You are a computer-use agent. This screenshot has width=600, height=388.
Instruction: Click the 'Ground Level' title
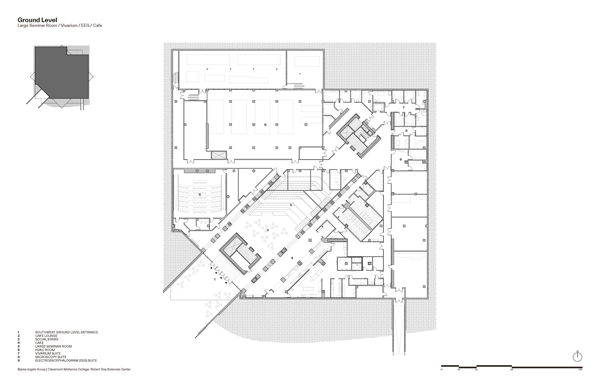pyautogui.click(x=37, y=20)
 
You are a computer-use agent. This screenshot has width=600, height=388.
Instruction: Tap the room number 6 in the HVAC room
pyautogui.click(x=265, y=125)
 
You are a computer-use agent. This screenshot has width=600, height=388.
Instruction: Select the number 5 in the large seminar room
pyautogui.click(x=200, y=195)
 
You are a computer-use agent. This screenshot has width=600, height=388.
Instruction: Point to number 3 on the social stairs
pyautogui.click(x=291, y=205)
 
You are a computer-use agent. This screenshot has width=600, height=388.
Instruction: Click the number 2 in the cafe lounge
pyautogui.click(x=268, y=230)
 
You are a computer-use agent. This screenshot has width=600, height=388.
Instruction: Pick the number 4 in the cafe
pyautogui.click(x=292, y=258)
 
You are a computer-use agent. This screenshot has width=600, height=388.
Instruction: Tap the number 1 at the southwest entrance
pyautogui.click(x=215, y=279)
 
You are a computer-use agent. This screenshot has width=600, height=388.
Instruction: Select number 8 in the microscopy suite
pyautogui.click(x=406, y=131)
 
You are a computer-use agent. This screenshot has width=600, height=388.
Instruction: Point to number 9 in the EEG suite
pyautogui.click(x=400, y=159)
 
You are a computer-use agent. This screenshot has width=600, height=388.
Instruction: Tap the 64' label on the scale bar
pyautogui.click(x=512, y=370)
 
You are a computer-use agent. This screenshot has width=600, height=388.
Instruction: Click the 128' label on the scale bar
pyautogui.click(x=580, y=370)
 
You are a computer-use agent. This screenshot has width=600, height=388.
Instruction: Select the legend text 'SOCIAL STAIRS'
pyautogui.click(x=47, y=339)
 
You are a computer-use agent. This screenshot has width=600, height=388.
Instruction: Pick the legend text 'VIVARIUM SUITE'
pyautogui.click(x=48, y=353)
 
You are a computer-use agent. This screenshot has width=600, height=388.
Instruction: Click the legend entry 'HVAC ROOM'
pyautogui.click(x=45, y=350)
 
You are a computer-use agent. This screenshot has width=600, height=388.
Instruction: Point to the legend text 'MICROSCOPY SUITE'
pyautogui.click(x=51, y=357)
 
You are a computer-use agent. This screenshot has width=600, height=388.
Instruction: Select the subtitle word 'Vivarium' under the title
pyautogui.click(x=69, y=25)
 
